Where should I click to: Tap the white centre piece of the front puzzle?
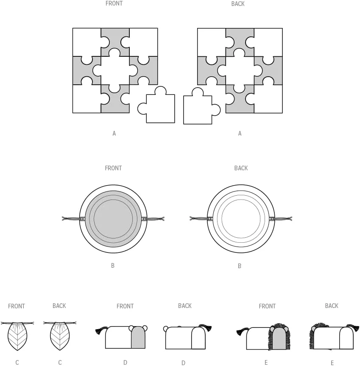pyautogui.click(x=115, y=70)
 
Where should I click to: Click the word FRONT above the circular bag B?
pyautogui.click(x=113, y=168)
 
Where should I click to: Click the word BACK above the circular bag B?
pyautogui.click(x=241, y=168)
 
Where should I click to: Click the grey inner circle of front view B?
pyautogui.click(x=113, y=219)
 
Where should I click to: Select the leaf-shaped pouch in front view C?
pyautogui.click(x=17, y=336)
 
